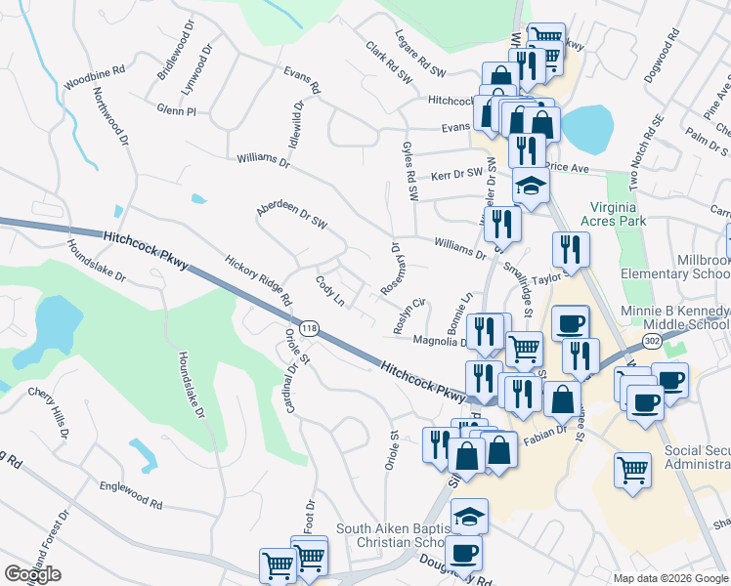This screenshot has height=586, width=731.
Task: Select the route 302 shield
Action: pyautogui.click(x=652, y=339)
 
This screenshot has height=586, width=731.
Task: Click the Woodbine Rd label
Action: pyautogui.click(x=95, y=72)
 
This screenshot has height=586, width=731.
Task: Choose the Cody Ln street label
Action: pyautogui.click(x=329, y=290)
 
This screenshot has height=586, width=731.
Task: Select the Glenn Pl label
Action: pyautogui.click(x=176, y=112)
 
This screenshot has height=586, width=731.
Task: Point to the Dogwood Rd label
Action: pyautogui.click(x=662, y=61)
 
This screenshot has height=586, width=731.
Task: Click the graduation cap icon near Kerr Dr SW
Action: pyautogui.click(x=531, y=186)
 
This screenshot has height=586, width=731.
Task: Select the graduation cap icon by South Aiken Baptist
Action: pyautogui.click(x=470, y=514)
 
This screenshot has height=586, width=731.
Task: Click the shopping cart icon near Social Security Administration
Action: pyautogui.click(x=632, y=470)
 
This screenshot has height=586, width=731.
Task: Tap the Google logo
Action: pyautogui.click(x=32, y=574)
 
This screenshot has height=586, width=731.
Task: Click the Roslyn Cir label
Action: pyautogui.click(x=409, y=315)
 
